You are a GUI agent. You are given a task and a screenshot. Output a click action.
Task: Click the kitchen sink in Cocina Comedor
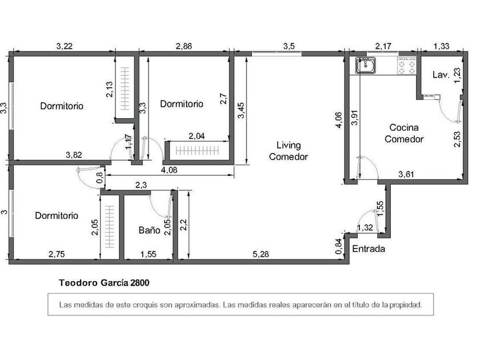[366, 65]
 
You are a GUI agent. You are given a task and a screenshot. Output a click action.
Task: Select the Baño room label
[149, 230]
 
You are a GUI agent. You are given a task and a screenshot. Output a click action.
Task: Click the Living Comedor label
[289, 151]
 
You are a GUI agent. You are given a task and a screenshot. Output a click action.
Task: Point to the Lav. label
[441, 75]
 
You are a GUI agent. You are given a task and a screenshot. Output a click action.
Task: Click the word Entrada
[369, 249]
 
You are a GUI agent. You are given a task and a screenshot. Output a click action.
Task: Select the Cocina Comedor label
[404, 133]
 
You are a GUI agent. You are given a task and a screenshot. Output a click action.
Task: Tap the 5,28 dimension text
[261, 254]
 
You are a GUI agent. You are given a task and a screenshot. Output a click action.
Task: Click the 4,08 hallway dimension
[169, 170]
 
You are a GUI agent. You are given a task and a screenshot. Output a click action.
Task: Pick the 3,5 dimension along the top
[289, 46]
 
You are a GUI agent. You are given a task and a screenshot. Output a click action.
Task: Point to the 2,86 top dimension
[183, 46]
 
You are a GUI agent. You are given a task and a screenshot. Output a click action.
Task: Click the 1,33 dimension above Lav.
[441, 46]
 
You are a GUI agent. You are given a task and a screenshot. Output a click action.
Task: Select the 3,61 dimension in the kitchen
[406, 174]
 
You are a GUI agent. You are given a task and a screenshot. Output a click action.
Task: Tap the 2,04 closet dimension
[197, 136]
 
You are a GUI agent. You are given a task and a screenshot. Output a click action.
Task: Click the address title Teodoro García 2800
[104, 282]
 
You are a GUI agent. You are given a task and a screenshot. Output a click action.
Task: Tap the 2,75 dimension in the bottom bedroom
[57, 254]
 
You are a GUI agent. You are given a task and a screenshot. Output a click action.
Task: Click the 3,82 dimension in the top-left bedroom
[74, 155]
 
